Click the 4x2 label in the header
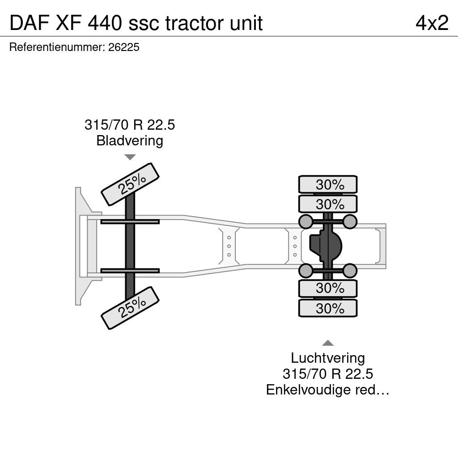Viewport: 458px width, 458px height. pyautogui.click(x=432, y=23)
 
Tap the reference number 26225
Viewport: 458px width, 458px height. pyautogui.click(x=124, y=47)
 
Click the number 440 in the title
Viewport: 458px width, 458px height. pyautogui.click(x=105, y=23)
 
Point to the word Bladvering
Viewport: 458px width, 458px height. pyautogui.click(x=130, y=141)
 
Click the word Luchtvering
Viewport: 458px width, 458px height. pyautogui.click(x=328, y=358)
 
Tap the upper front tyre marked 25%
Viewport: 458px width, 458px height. pyautogui.click(x=130, y=184)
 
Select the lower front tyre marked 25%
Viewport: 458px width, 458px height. pyautogui.click(x=130, y=308)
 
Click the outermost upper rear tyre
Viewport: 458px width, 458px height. pyautogui.click(x=328, y=184)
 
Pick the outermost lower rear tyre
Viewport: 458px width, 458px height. pyautogui.click(x=328, y=308)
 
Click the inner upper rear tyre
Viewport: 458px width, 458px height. pyautogui.click(x=328, y=204)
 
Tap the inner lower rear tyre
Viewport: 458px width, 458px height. pyautogui.click(x=328, y=288)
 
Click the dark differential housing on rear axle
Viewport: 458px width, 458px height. pyautogui.click(x=326, y=246)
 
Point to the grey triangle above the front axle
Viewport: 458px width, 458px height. pyautogui.click(x=130, y=157)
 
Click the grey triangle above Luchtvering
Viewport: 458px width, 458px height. pyautogui.click(x=328, y=343)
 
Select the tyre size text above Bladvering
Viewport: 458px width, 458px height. pyautogui.click(x=130, y=125)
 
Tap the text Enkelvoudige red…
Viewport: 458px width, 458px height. pyautogui.click(x=328, y=390)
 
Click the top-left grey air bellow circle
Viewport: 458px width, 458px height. pyautogui.click(x=306, y=222)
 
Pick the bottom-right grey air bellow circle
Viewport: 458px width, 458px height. pyautogui.click(x=350, y=271)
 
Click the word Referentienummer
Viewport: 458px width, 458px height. pyautogui.click(x=57, y=47)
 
